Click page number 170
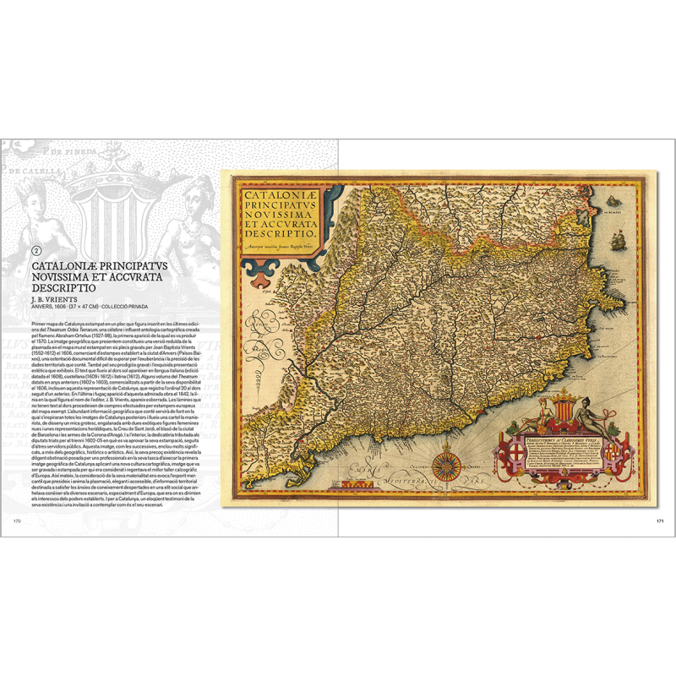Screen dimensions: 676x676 (x=17, y=521)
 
